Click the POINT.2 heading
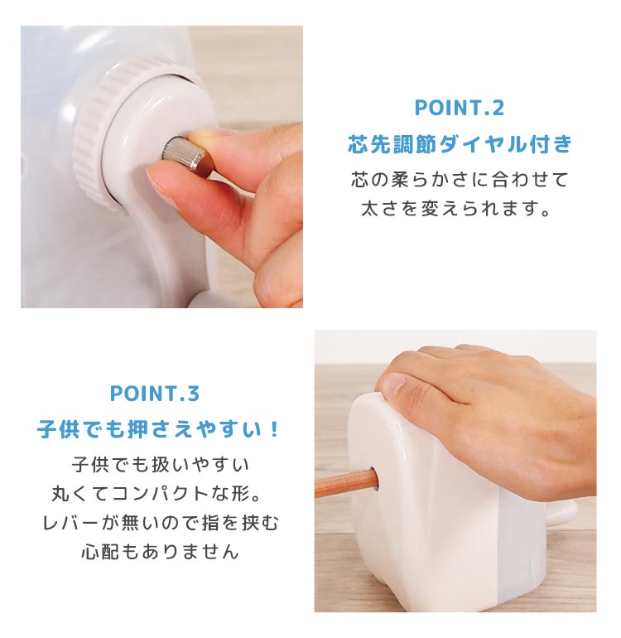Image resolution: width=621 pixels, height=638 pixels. (x=460, y=108)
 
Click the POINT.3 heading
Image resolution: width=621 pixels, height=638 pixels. (x=155, y=394)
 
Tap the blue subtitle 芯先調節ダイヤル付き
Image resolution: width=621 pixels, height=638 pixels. (x=460, y=143)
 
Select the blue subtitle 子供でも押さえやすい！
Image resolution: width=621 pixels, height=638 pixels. (x=159, y=429)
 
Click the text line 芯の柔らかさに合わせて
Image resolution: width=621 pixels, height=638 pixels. (x=460, y=180)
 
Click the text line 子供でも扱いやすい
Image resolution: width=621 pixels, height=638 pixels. (x=161, y=464)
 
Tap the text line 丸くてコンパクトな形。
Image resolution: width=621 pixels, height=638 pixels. (x=158, y=493)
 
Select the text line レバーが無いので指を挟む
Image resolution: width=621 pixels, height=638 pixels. (x=161, y=523)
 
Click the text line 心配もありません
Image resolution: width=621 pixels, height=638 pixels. (x=160, y=551)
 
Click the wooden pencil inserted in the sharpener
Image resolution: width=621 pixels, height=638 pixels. (x=346, y=483)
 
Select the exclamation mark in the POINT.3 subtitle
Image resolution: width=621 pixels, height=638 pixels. (x=275, y=429)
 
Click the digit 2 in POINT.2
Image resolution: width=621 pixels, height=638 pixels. (x=498, y=108)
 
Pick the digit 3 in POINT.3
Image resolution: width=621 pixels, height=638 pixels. (x=193, y=394)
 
